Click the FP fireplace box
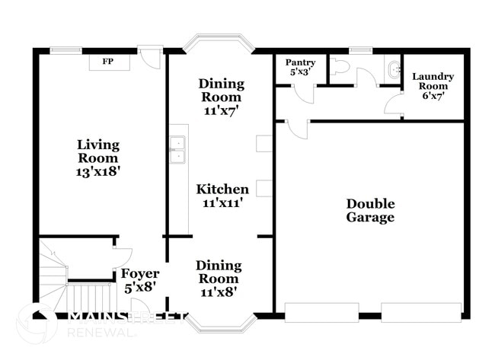(x=110, y=62)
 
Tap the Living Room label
(x=98, y=151)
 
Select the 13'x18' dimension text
(x=98, y=172)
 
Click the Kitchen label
(x=222, y=190)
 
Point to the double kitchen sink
(x=177, y=150)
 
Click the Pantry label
(x=300, y=62)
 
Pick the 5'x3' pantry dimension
(x=300, y=73)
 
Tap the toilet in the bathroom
(x=339, y=68)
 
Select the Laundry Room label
(x=433, y=81)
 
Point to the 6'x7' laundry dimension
(x=433, y=97)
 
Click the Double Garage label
(x=371, y=211)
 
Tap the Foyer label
(x=140, y=274)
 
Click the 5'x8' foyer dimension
(x=140, y=288)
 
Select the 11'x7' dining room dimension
(x=222, y=110)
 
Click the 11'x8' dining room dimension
(x=219, y=292)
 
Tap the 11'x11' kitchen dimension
(x=222, y=204)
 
